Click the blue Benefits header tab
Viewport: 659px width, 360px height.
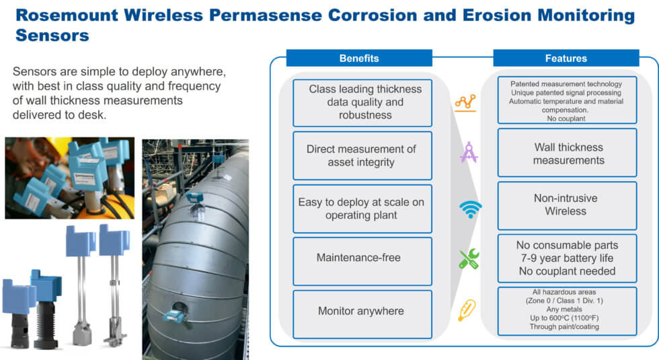tap(358, 59)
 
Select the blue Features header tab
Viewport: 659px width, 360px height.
tap(565, 59)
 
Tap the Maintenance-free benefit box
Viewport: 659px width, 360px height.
tap(362, 258)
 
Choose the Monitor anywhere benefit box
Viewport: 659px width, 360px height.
tap(362, 311)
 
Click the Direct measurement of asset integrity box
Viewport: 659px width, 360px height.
tap(362, 155)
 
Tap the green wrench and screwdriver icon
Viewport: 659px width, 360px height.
tap(469, 259)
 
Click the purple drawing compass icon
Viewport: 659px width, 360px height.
tap(469, 152)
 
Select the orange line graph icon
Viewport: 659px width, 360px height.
tap(465, 102)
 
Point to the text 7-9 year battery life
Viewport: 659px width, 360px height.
tap(566, 258)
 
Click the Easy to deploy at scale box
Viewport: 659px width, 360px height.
tap(362, 209)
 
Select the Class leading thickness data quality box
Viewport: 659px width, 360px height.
tap(362, 102)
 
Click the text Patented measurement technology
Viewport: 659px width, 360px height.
tap(566, 84)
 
